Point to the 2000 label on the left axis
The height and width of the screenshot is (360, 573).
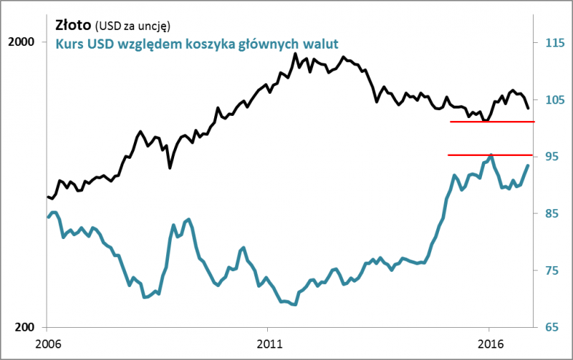tap(21, 42)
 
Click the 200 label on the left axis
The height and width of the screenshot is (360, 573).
tap(24, 327)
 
